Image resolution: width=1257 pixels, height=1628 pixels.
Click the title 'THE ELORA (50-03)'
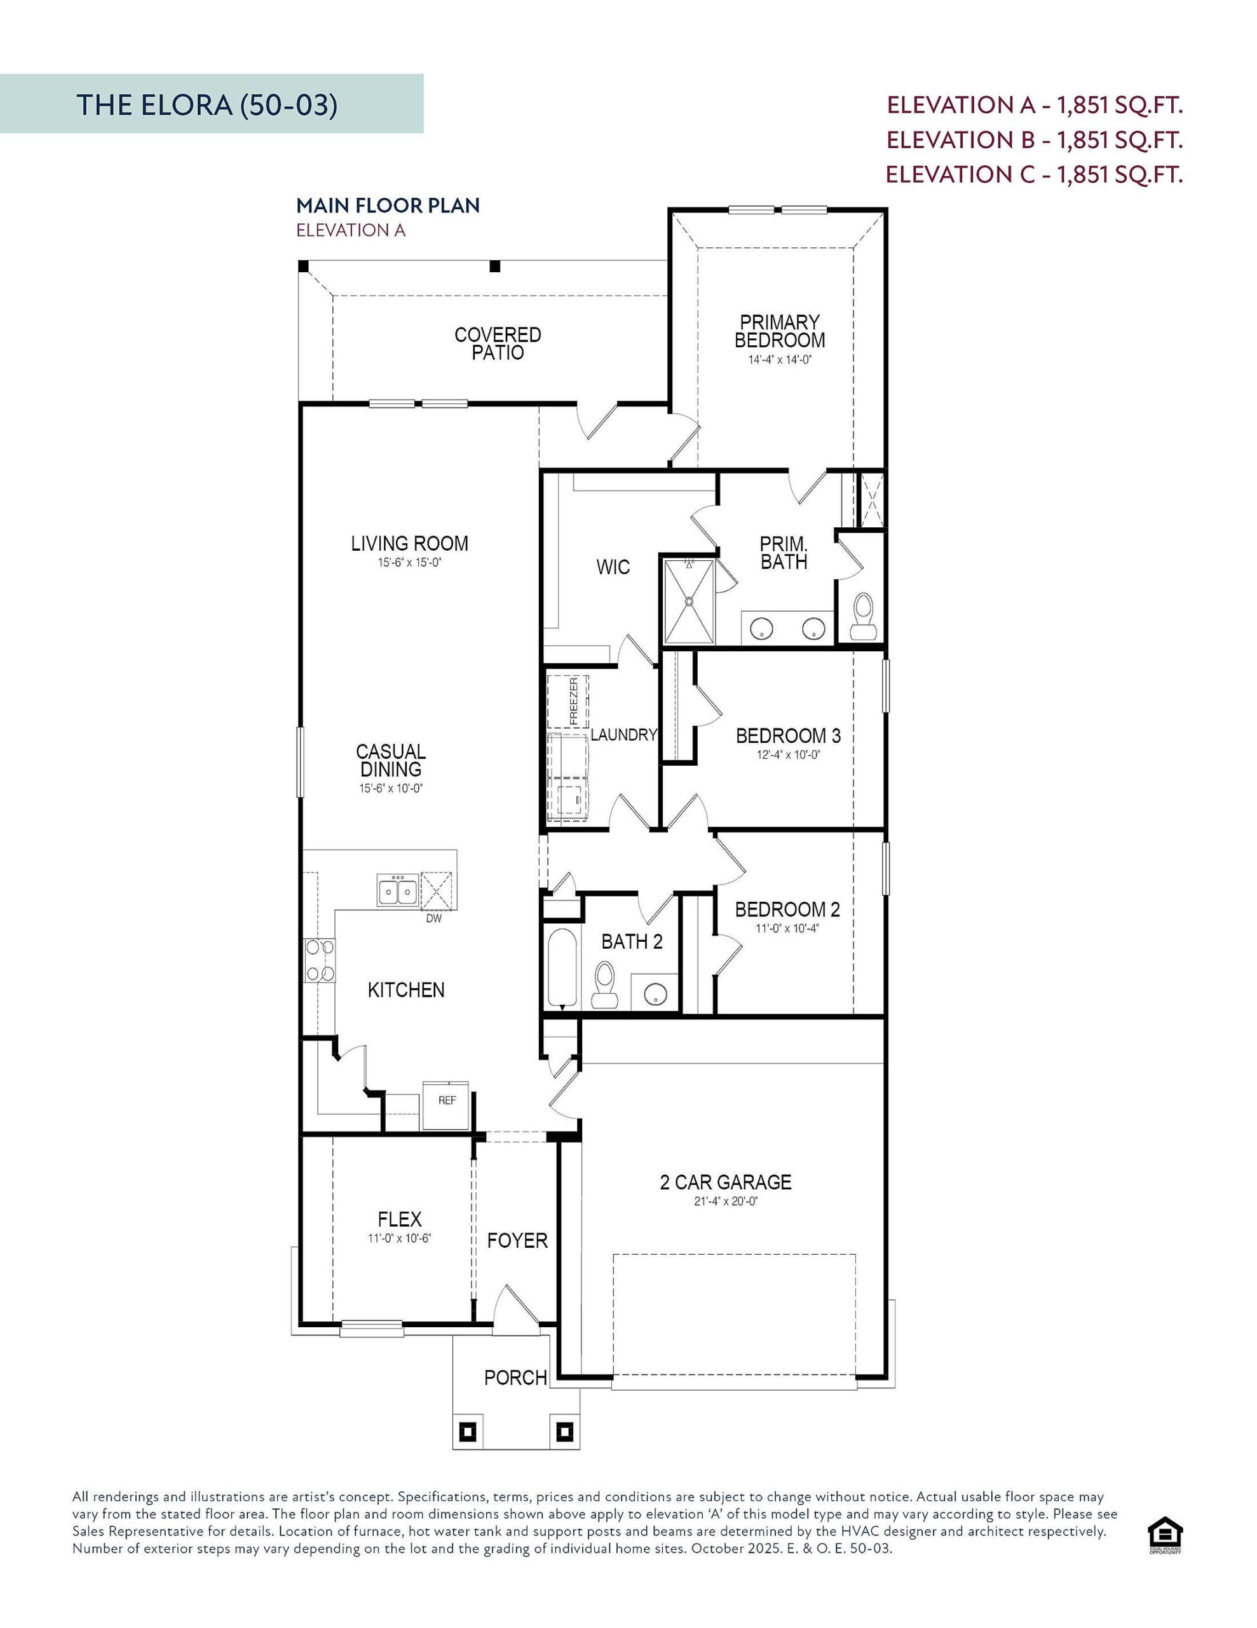click(x=207, y=105)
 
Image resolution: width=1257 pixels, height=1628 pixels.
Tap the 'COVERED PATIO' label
click(x=498, y=343)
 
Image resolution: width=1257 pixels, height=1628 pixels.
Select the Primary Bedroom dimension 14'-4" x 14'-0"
click(x=779, y=359)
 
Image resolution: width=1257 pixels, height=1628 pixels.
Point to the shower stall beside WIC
click(x=688, y=601)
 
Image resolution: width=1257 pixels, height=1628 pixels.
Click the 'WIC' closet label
click(x=613, y=567)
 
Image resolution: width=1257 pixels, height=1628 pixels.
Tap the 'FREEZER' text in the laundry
click(x=574, y=701)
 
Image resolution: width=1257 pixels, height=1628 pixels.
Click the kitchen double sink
click(x=397, y=891)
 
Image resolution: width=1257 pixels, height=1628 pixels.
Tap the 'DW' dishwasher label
click(x=433, y=918)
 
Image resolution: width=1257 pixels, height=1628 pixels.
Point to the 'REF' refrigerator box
click(x=445, y=1105)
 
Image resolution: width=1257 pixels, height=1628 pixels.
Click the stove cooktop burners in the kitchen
click(x=320, y=960)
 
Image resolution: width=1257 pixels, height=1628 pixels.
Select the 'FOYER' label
click(x=517, y=1240)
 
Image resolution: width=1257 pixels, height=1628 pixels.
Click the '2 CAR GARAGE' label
click(x=725, y=1182)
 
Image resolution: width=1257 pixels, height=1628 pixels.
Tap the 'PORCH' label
click(x=515, y=1377)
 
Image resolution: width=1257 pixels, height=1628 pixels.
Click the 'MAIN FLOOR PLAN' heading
click(x=388, y=206)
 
